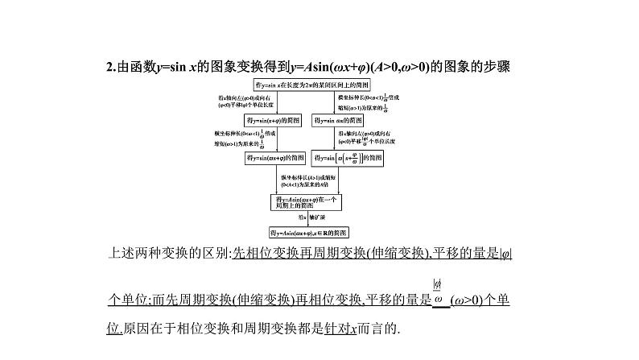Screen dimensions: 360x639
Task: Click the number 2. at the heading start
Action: coord(112,67)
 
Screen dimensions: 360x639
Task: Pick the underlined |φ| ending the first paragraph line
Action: coord(506,254)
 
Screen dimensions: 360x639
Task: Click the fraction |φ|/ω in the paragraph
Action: coord(438,292)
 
